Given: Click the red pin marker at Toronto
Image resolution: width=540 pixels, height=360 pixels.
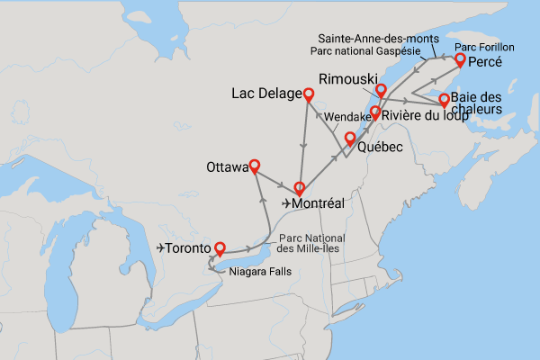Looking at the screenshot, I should pyautogui.click(x=219, y=246).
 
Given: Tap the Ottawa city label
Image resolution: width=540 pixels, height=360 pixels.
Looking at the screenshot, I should pyautogui.click(x=225, y=167).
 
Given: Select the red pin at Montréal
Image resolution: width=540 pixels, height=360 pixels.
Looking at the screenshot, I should pyautogui.click(x=299, y=188).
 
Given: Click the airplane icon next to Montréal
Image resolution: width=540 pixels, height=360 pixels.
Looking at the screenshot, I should pyautogui.click(x=286, y=204).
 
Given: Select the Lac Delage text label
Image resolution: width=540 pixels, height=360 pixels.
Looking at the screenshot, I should pyautogui.click(x=265, y=94).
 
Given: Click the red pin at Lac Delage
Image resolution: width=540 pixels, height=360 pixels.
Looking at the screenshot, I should pyautogui.click(x=309, y=94).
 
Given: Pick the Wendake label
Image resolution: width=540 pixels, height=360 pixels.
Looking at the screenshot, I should pyautogui.click(x=345, y=117).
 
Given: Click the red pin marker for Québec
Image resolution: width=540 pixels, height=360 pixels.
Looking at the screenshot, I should pyautogui.click(x=349, y=139).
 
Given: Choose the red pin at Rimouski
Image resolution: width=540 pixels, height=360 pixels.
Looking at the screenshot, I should pyautogui.click(x=381, y=89).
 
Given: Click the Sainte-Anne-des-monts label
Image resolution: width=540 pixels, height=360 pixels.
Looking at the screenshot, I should pyautogui.click(x=378, y=38).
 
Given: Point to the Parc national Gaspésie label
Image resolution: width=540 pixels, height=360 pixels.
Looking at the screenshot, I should pyautogui.click(x=372, y=50).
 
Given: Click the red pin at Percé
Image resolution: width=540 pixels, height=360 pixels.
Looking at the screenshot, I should pyautogui.click(x=460, y=59).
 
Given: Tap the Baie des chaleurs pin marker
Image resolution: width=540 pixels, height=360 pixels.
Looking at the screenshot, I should pyautogui.click(x=443, y=99).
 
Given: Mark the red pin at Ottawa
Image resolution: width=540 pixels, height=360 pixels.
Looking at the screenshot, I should pyautogui.click(x=254, y=165).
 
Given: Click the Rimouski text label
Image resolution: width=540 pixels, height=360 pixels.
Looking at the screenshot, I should pyautogui.click(x=346, y=79).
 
